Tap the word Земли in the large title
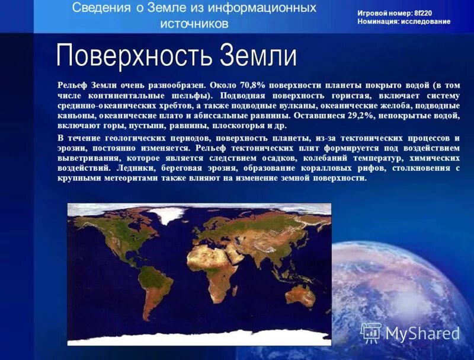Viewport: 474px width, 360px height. tap(258, 56)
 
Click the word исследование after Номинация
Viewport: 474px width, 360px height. tap(425, 21)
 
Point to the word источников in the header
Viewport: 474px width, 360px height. tap(194, 24)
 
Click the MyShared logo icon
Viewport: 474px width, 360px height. tap(371, 333)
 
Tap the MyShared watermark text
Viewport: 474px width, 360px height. tap(422, 334)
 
